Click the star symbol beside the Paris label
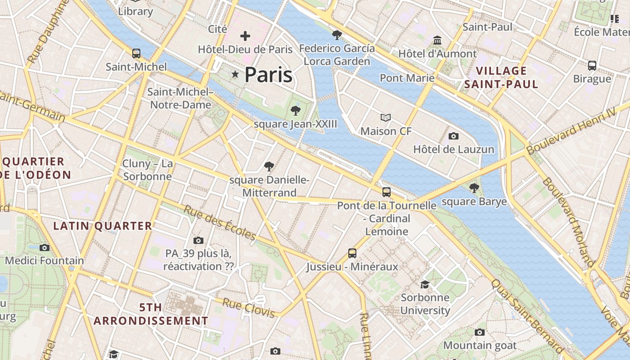tap(235, 74)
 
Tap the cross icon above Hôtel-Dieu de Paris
tap(245, 36)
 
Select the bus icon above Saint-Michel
tap(136, 54)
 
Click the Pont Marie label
tap(407, 78)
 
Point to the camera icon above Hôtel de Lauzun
tap(454, 136)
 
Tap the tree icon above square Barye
tap(474, 188)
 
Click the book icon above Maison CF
tap(386, 118)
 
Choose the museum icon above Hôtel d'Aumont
tap(437, 40)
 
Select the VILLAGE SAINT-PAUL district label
tap(501, 77)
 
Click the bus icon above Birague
tap(592, 65)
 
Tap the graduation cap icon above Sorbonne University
tap(425, 284)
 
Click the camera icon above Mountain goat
tap(480, 333)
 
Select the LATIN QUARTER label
tap(103, 226)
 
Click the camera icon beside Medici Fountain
tap(44, 247)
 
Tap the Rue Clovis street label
tap(248, 308)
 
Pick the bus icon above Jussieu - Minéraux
tap(352, 253)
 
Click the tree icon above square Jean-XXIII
tap(296, 111)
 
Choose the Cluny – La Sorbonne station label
tap(148, 170)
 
